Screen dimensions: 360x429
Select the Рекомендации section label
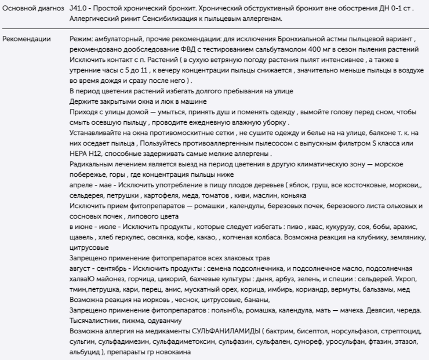tap(27, 40)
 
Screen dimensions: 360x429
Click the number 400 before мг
tap(313, 50)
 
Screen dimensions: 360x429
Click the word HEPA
tap(78, 154)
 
